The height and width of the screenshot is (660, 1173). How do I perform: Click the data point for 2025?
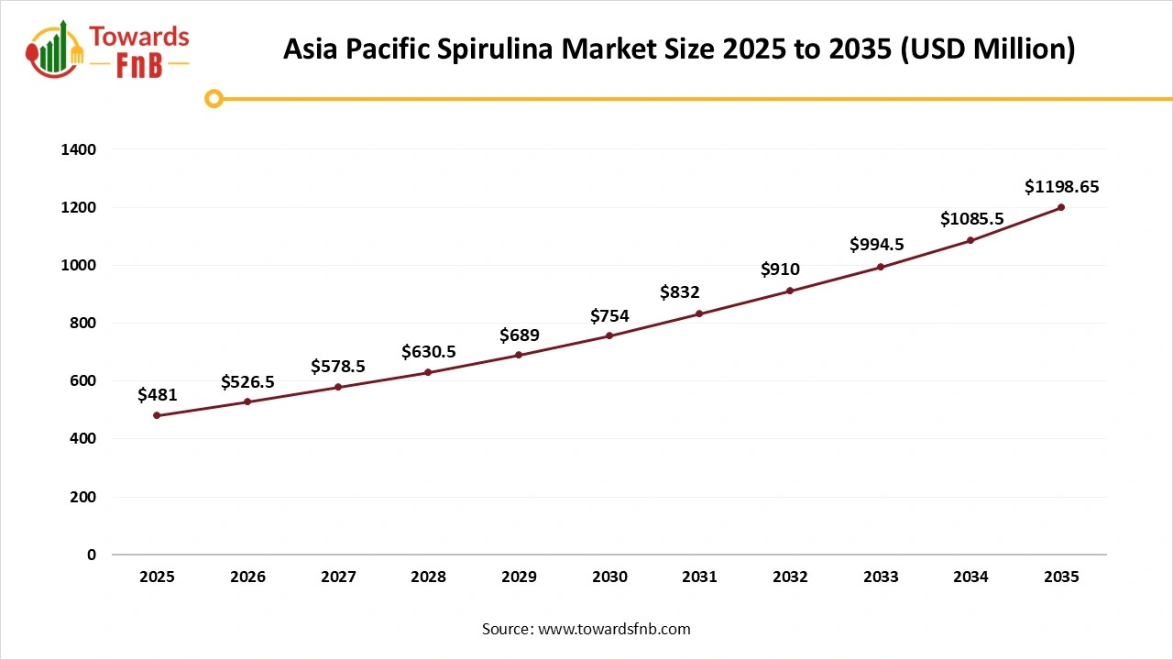(x=157, y=415)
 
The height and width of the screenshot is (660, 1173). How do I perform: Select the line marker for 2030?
(x=609, y=336)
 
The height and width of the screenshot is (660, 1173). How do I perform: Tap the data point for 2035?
(x=1061, y=207)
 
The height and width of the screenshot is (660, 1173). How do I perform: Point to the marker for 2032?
(x=790, y=291)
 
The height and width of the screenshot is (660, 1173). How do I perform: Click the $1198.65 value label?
(x=1061, y=187)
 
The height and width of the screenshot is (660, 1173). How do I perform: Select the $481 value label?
(x=157, y=395)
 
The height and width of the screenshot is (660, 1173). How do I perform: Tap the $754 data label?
(x=609, y=316)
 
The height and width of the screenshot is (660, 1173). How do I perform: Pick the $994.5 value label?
(x=880, y=245)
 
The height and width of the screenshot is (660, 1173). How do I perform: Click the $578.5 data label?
(x=338, y=367)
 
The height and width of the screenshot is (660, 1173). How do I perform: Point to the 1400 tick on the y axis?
(x=79, y=149)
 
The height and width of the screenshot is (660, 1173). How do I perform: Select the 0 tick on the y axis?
(x=91, y=555)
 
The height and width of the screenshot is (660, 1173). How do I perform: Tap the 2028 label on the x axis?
(x=428, y=577)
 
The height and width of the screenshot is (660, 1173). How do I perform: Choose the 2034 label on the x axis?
(x=970, y=577)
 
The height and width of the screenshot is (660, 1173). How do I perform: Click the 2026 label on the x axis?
(x=247, y=577)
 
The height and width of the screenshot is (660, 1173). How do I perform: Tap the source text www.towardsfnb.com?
(x=614, y=629)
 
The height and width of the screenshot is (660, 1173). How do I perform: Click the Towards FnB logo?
(x=108, y=49)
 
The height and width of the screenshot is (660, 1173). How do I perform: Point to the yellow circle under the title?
(x=214, y=98)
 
